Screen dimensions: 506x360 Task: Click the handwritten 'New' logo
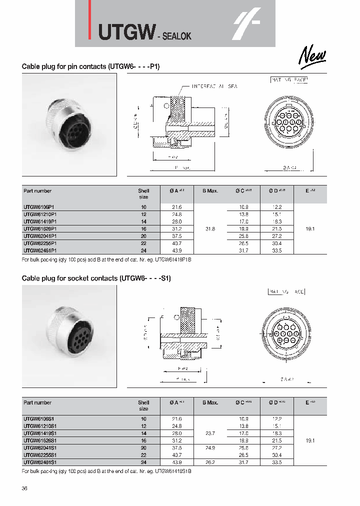coord(313,56)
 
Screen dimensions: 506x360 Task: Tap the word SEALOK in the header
coord(175,36)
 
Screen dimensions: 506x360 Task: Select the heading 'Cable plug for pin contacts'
coord(90,66)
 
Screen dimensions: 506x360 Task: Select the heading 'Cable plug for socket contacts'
coord(96,278)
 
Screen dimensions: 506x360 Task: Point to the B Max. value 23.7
coord(210,433)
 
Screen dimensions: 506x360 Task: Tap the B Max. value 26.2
coord(210,462)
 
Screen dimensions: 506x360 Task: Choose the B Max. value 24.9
coord(210,447)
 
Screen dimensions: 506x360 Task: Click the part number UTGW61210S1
coord(40,425)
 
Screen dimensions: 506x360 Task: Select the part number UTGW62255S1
coord(40,455)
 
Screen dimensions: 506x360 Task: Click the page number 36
coord(25,488)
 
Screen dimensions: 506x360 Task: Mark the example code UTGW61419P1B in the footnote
coord(174,260)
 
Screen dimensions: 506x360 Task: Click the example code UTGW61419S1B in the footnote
coord(174,471)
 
